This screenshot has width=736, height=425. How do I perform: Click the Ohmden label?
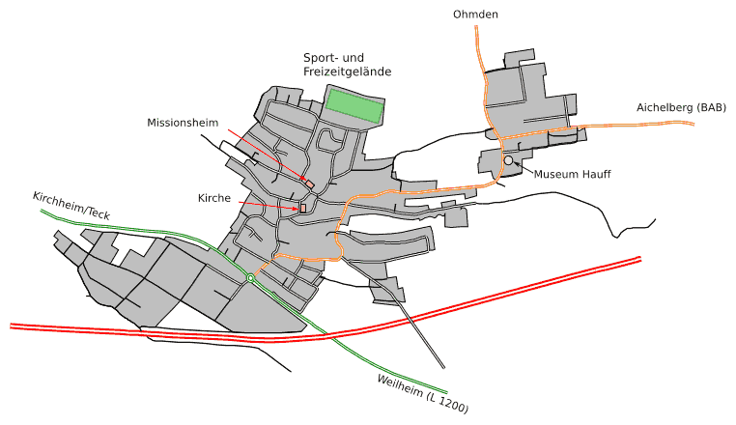pos(475,14)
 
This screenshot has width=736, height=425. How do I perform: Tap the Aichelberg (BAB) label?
pos(680,108)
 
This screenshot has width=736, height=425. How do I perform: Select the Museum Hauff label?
pos(573,175)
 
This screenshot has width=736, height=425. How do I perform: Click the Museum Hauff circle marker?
pos(508,160)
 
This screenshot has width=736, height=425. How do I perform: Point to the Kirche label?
pos(213,198)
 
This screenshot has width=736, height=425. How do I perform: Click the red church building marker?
pos(302,208)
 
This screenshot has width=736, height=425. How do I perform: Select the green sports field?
pos(354,105)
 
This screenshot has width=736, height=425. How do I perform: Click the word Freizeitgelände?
pos(347,72)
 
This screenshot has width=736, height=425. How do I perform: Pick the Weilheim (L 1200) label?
pos(422,394)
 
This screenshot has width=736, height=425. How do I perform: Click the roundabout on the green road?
pos(250,278)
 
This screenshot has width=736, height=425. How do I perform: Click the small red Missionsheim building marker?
pos(309,184)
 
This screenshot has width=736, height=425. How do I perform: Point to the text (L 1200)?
pos(447,403)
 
